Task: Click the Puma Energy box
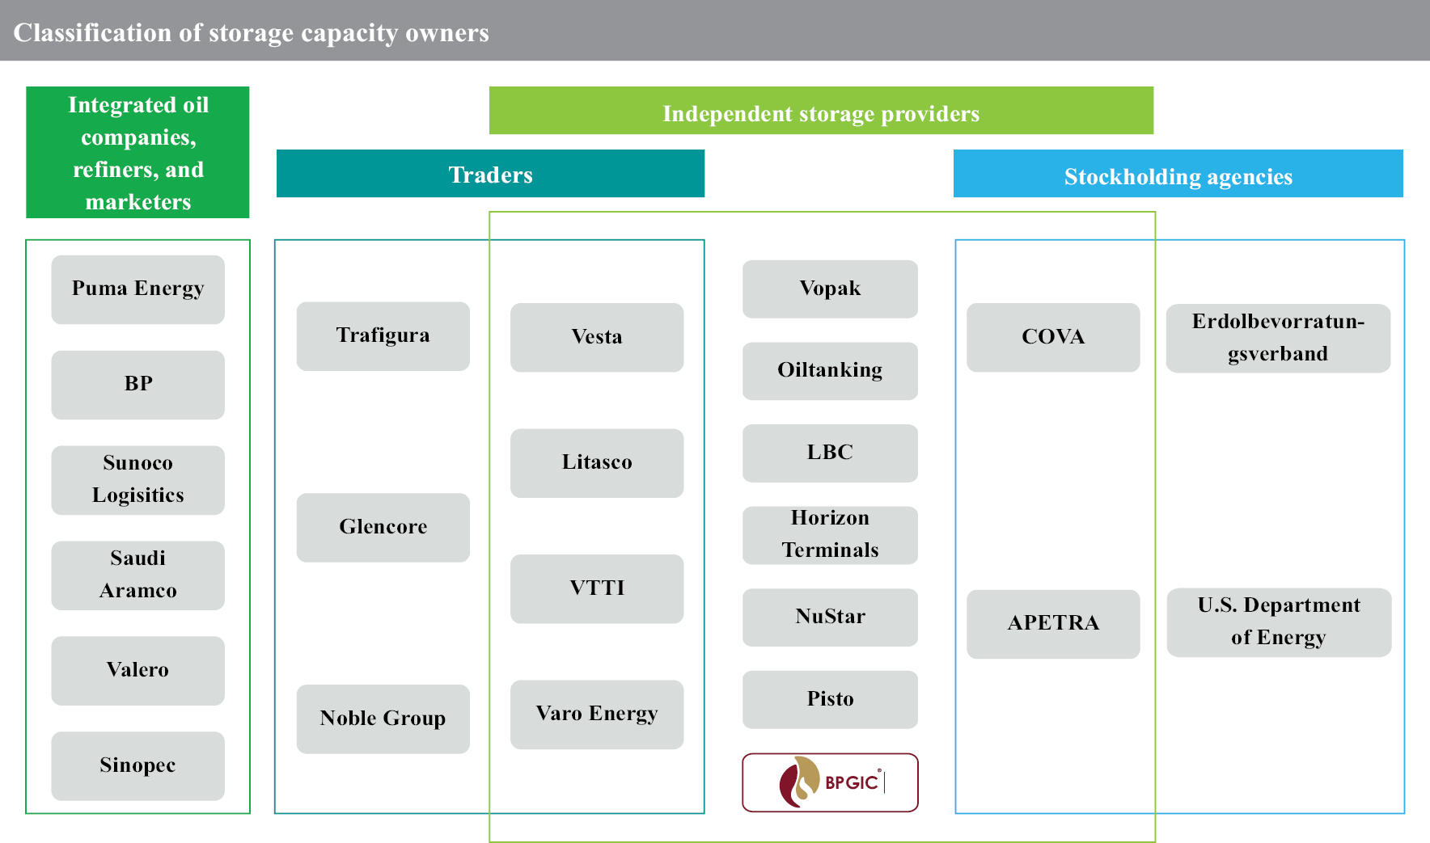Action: point(137,289)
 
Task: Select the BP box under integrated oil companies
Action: point(137,384)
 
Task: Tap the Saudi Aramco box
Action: point(137,575)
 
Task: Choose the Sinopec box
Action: point(137,765)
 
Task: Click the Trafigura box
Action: point(383,336)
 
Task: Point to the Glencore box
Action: point(383,527)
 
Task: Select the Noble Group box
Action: point(383,719)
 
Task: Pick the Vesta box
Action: point(597,337)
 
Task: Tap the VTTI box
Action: point(597,588)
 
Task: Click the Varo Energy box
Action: point(597,714)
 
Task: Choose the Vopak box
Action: point(830,289)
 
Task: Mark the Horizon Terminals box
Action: point(830,534)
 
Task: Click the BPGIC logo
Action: point(830,782)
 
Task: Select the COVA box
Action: point(1053,337)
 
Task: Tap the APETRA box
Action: point(1053,623)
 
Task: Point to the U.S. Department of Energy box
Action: point(1279,622)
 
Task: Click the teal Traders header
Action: point(490,174)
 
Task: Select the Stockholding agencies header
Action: point(1178,175)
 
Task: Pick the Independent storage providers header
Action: point(821,112)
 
